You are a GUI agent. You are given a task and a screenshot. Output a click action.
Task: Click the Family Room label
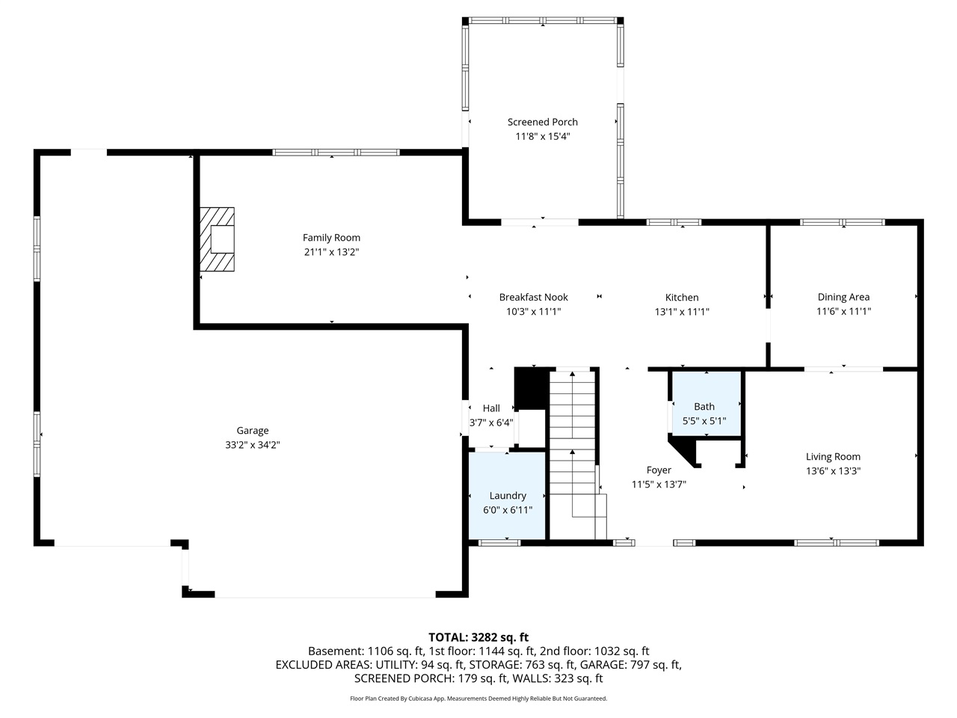pos(331,238)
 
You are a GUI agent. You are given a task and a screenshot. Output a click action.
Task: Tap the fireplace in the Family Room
pos(217,239)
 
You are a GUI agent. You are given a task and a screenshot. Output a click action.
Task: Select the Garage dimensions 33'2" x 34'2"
pos(253,445)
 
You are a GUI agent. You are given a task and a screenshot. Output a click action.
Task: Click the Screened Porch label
pos(543,122)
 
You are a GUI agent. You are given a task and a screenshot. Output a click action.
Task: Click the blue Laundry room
pos(507,495)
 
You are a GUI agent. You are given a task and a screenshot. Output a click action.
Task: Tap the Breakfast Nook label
pos(534,297)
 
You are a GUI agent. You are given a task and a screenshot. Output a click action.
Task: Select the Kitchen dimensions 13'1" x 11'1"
pos(682,312)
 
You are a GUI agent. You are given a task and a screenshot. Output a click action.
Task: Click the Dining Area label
pos(843,297)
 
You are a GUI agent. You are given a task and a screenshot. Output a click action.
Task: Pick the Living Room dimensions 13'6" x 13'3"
pos(833,471)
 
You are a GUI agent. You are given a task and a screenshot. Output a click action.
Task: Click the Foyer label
pos(659,470)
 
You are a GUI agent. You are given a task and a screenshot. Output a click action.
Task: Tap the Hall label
pos(491,408)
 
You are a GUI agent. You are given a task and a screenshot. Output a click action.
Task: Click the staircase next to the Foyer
pos(574,449)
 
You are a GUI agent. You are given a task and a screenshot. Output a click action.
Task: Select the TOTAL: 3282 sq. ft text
pos(478,637)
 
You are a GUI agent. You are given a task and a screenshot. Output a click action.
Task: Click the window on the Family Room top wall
pos(336,153)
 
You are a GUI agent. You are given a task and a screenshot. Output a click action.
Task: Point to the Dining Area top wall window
pos(843,222)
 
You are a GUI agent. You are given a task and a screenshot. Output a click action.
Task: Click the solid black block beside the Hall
pos(531,389)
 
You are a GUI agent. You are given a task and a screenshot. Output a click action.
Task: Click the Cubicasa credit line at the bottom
pos(478,699)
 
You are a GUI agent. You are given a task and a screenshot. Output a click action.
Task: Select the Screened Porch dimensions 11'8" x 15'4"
pos(543,137)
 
